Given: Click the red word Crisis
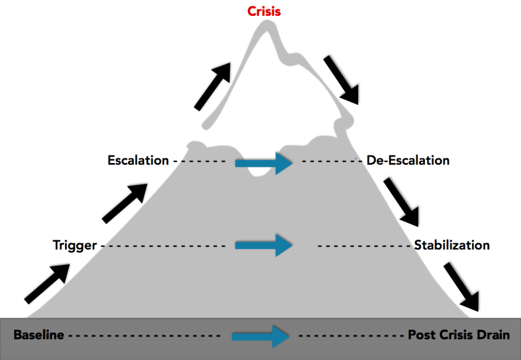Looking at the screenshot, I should [264, 11].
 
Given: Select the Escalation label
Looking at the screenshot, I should [138, 161].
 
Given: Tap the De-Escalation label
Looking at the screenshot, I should [408, 161].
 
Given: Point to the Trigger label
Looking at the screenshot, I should [75, 246].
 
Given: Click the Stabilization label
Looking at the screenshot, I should [451, 245].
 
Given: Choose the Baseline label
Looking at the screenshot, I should [39, 335].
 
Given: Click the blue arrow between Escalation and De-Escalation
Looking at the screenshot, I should [264, 163].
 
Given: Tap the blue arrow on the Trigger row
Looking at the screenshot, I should [264, 246].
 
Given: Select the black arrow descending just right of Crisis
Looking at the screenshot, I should [342, 80].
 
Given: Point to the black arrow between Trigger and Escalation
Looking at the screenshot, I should [125, 203].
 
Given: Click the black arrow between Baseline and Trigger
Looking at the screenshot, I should [47, 283].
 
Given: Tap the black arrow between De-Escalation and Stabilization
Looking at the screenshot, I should [401, 202].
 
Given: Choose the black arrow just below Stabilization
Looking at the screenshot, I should [461, 286].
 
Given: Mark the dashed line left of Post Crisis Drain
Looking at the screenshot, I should [351, 336].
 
